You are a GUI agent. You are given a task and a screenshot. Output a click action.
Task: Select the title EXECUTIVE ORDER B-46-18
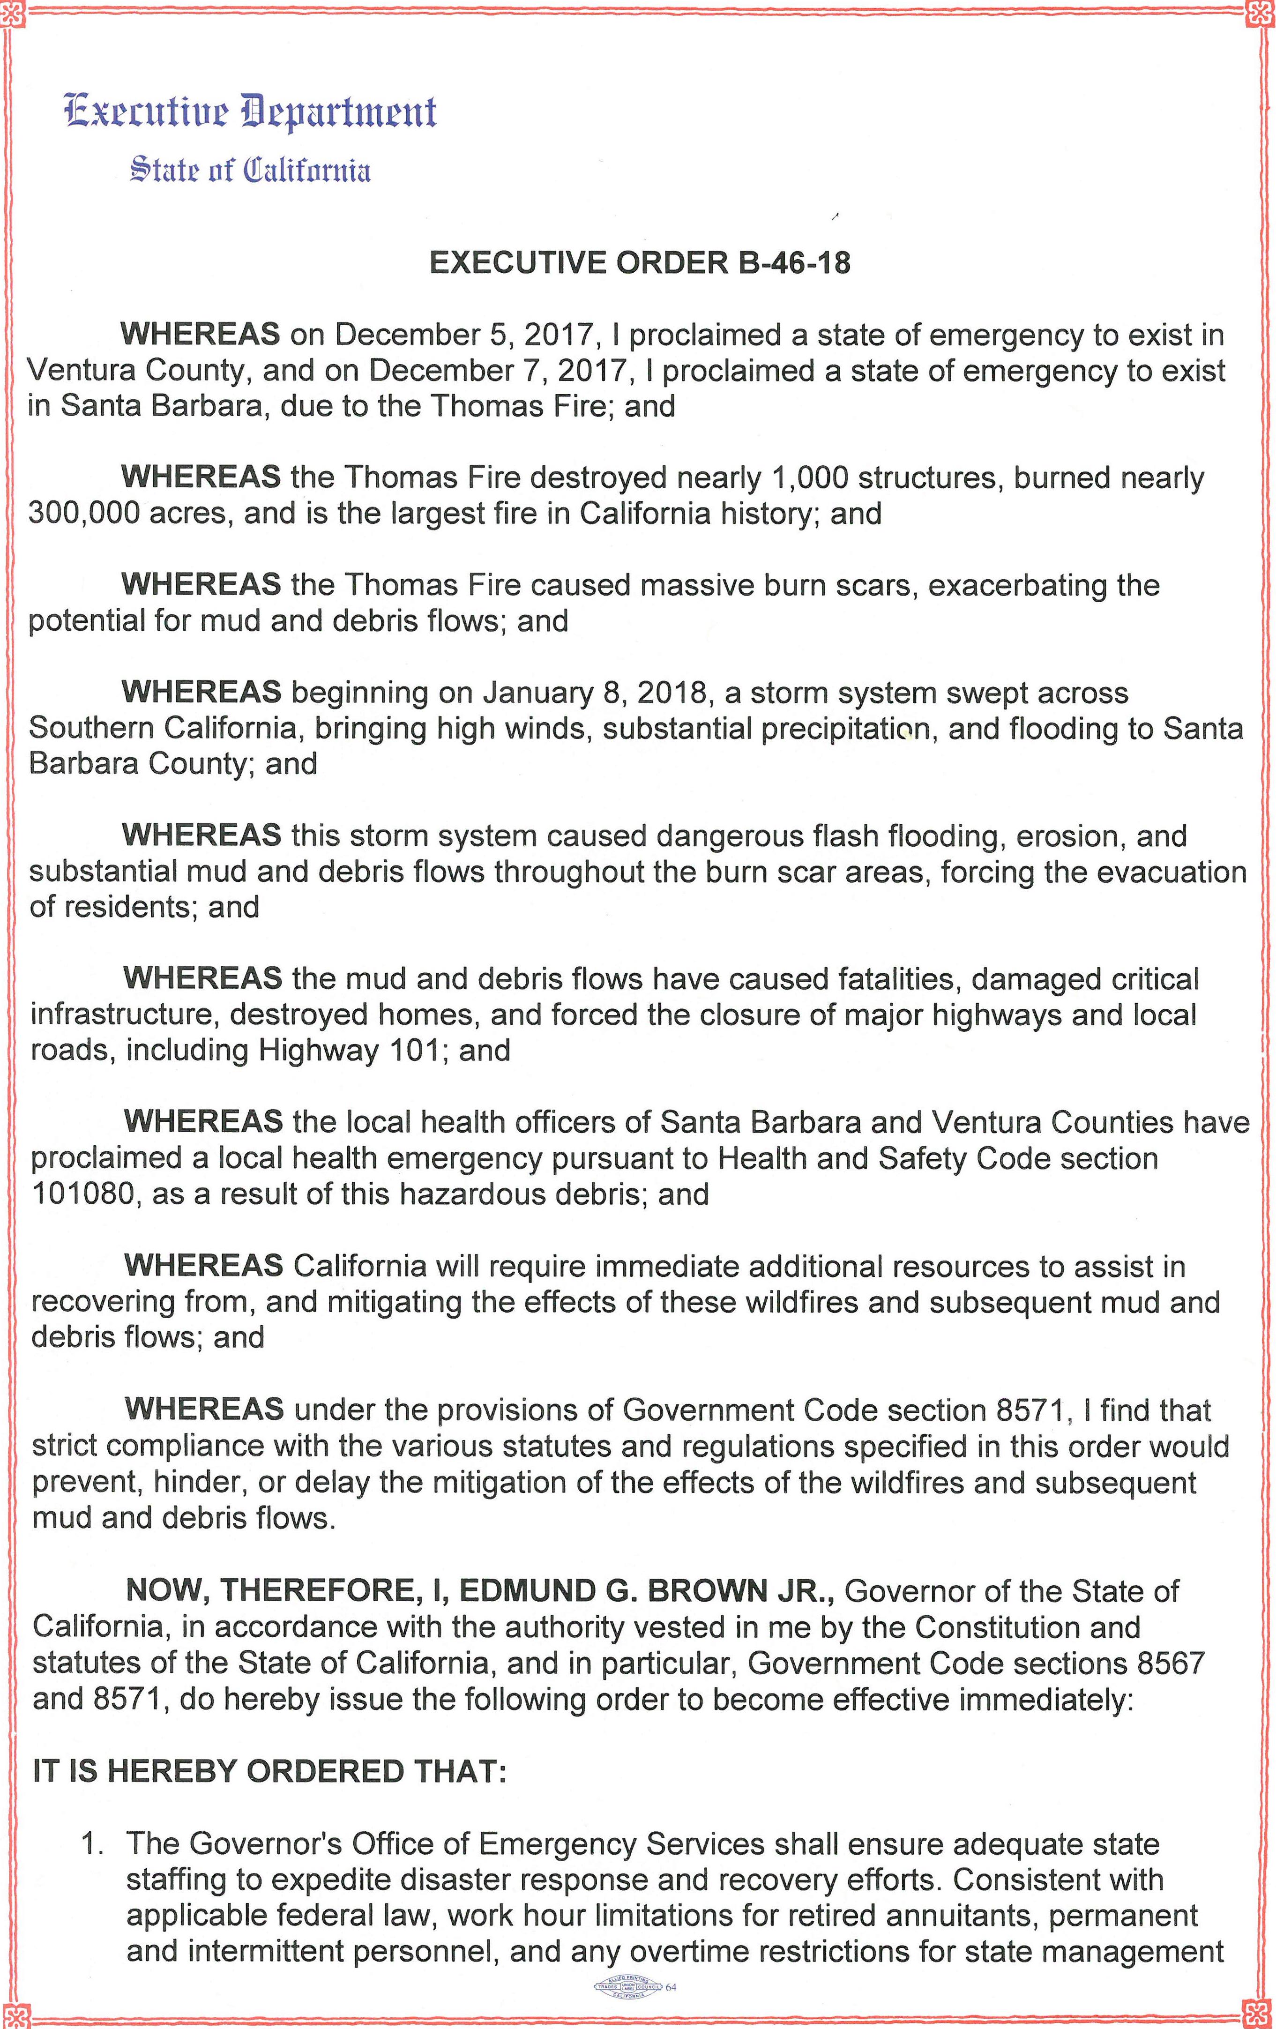(x=640, y=264)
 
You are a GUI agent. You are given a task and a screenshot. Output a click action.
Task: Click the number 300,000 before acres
(x=83, y=513)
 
